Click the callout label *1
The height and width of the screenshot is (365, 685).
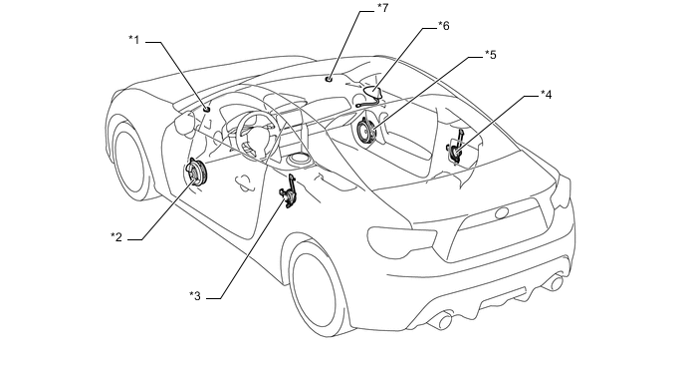click(x=133, y=40)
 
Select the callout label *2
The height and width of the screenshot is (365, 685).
click(x=116, y=237)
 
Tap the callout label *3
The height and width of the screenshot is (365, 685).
click(x=195, y=296)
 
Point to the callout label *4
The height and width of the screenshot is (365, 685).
click(x=546, y=95)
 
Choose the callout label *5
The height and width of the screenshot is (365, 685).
click(x=491, y=55)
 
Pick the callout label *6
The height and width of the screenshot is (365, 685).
click(x=443, y=26)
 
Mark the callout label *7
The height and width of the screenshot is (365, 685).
click(x=382, y=8)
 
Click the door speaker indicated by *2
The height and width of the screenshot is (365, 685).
click(x=196, y=173)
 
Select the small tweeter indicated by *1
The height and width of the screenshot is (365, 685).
click(x=207, y=109)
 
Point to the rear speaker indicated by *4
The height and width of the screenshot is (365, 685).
click(x=456, y=148)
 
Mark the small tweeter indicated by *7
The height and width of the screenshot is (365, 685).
click(x=329, y=79)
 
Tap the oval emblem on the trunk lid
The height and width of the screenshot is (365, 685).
click(x=502, y=213)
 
